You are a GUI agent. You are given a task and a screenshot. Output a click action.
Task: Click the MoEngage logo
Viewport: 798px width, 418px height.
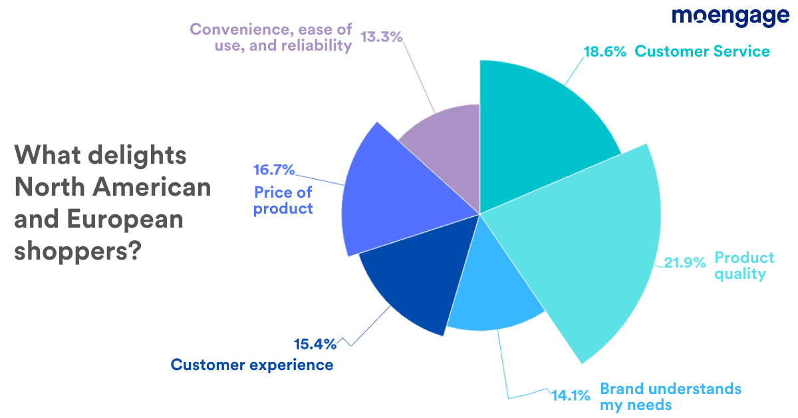coord(730,17)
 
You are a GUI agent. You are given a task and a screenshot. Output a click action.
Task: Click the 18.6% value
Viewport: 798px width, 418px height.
coord(604,52)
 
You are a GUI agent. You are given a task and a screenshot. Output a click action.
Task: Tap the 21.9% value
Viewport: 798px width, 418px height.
coord(685,263)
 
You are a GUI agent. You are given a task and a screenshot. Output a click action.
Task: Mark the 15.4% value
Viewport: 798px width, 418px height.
coord(315,344)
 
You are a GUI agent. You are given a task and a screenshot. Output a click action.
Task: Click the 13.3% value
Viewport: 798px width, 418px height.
coord(382,37)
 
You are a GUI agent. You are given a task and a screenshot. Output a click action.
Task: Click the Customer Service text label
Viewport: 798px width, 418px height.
coord(702,52)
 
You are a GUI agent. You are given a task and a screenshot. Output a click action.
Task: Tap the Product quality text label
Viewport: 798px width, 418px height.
coord(743,266)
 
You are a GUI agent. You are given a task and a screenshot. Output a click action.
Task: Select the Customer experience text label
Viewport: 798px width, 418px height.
coord(252,365)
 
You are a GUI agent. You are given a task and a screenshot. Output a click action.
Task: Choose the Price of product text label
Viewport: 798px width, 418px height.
coord(283,200)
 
